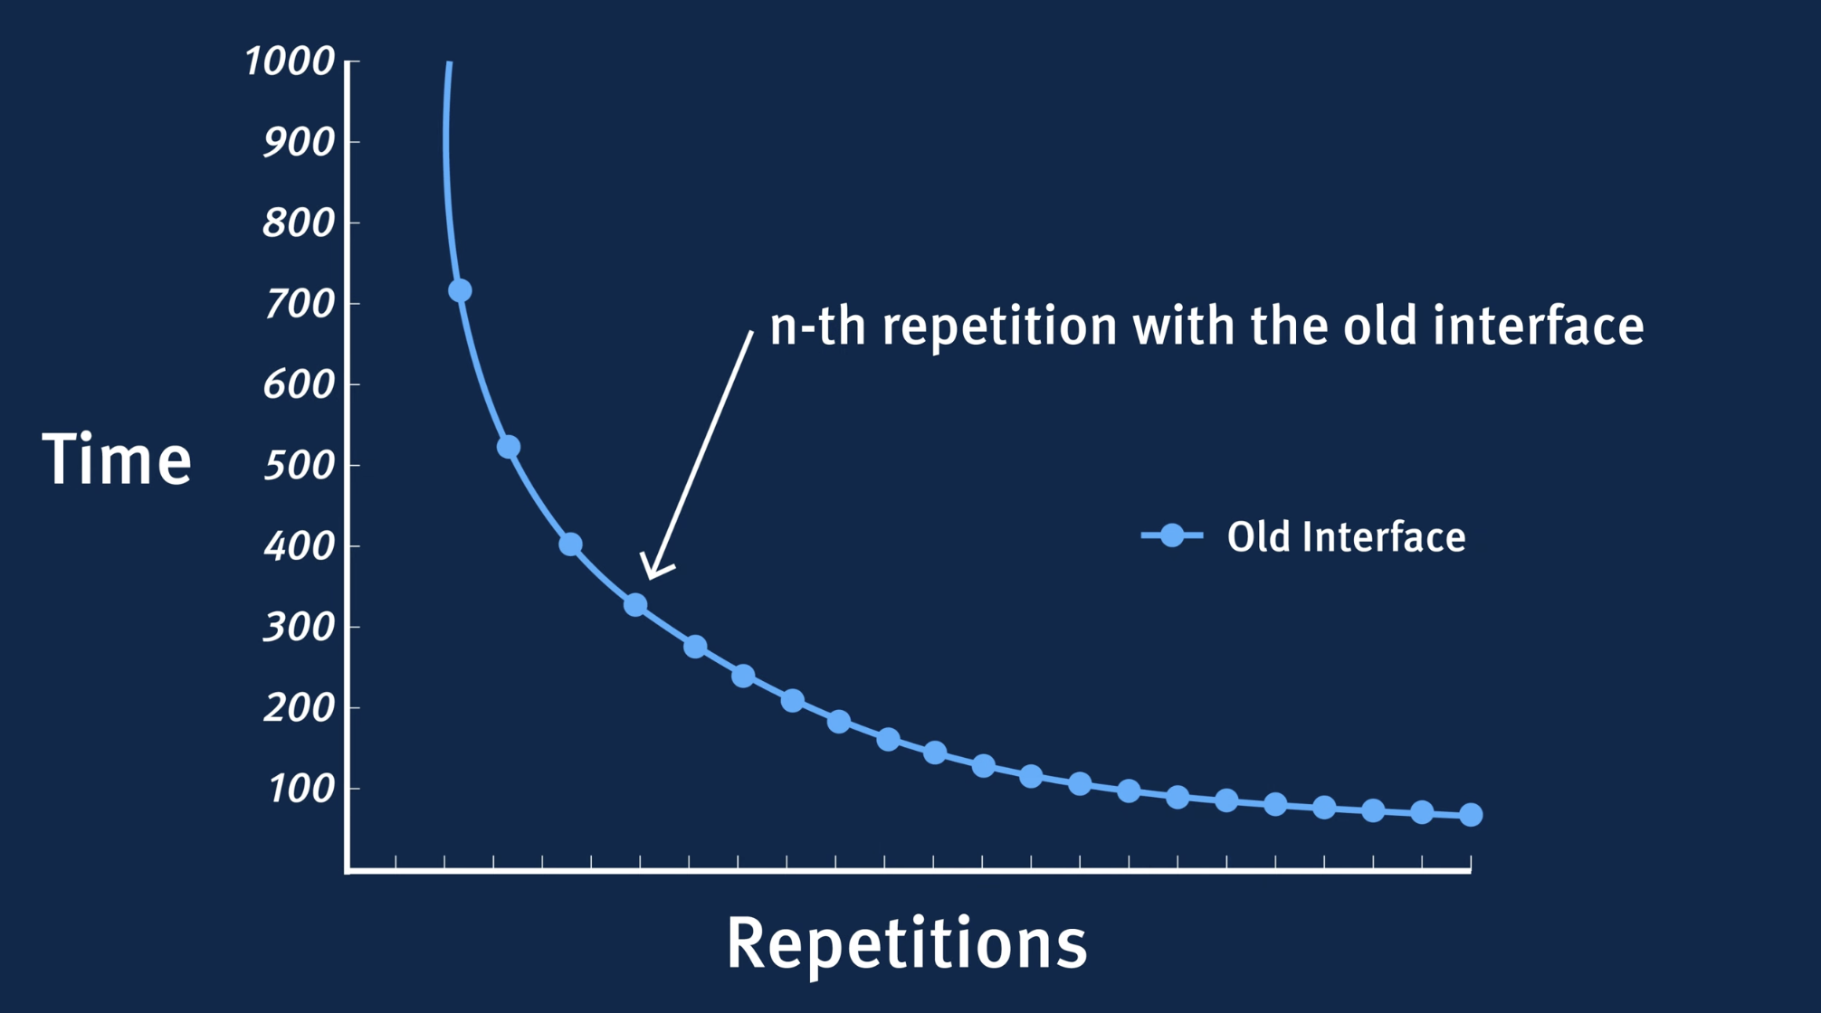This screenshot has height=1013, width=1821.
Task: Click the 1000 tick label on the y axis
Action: tap(290, 62)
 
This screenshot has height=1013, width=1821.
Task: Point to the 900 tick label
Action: tap(299, 142)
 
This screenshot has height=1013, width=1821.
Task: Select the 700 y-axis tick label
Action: tap(299, 304)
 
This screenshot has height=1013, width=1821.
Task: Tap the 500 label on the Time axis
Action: tap(299, 466)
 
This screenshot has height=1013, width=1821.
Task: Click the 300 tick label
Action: tap(299, 627)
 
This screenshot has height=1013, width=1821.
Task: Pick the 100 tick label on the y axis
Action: tap(301, 790)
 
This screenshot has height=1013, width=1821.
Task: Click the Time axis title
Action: tap(117, 459)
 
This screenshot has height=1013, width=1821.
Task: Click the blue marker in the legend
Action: tap(1172, 535)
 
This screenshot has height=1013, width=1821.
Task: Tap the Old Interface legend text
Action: tap(1346, 537)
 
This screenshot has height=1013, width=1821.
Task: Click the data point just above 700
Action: tap(460, 290)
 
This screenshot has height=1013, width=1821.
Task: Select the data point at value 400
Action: tap(570, 544)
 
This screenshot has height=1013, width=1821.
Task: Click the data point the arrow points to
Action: tap(635, 605)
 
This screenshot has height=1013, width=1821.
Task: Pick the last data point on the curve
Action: tap(1471, 815)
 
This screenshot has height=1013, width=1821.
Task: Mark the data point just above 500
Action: tap(509, 447)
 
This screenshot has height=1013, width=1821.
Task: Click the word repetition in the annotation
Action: tap(1000, 327)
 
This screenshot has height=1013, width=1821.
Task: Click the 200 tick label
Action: tap(299, 708)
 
